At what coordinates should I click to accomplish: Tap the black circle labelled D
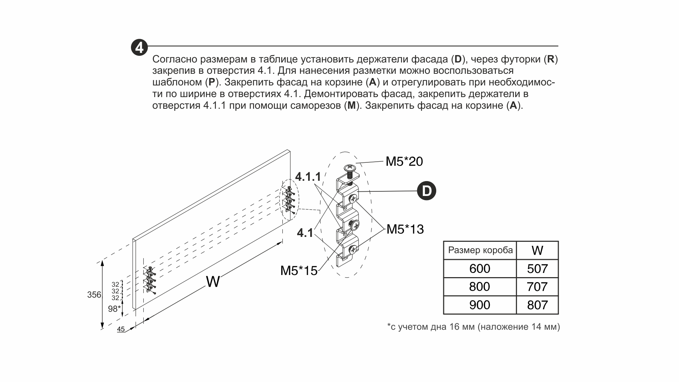pos(427,191)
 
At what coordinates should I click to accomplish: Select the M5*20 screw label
pos(404,161)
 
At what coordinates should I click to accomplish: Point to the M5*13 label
pos(405,229)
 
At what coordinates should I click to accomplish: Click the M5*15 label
pos(299,271)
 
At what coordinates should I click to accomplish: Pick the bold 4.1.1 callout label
pos(308,177)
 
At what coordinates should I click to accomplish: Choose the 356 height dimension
pos(94,294)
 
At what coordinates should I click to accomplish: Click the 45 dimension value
pos(121,329)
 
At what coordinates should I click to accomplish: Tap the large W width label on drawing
pos(213,282)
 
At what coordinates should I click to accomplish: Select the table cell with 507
pos(537,269)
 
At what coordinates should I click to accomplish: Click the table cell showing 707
pos(537,287)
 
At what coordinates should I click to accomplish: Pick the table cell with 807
pos(537,305)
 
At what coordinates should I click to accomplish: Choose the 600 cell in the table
pos(480,269)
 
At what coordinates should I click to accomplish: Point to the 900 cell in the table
pos(480,305)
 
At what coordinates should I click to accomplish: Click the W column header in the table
pos(537,250)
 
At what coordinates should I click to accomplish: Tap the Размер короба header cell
pos(480,250)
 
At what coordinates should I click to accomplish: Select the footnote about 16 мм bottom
pos(473,327)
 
